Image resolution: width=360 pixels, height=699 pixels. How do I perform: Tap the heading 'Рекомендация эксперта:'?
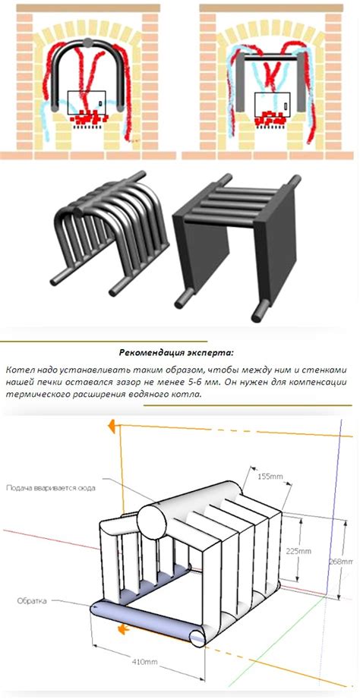pos(177,353)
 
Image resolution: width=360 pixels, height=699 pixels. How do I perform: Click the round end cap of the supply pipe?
pos(151,520)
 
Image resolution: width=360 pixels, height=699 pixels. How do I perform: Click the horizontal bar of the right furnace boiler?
pos(271,58)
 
